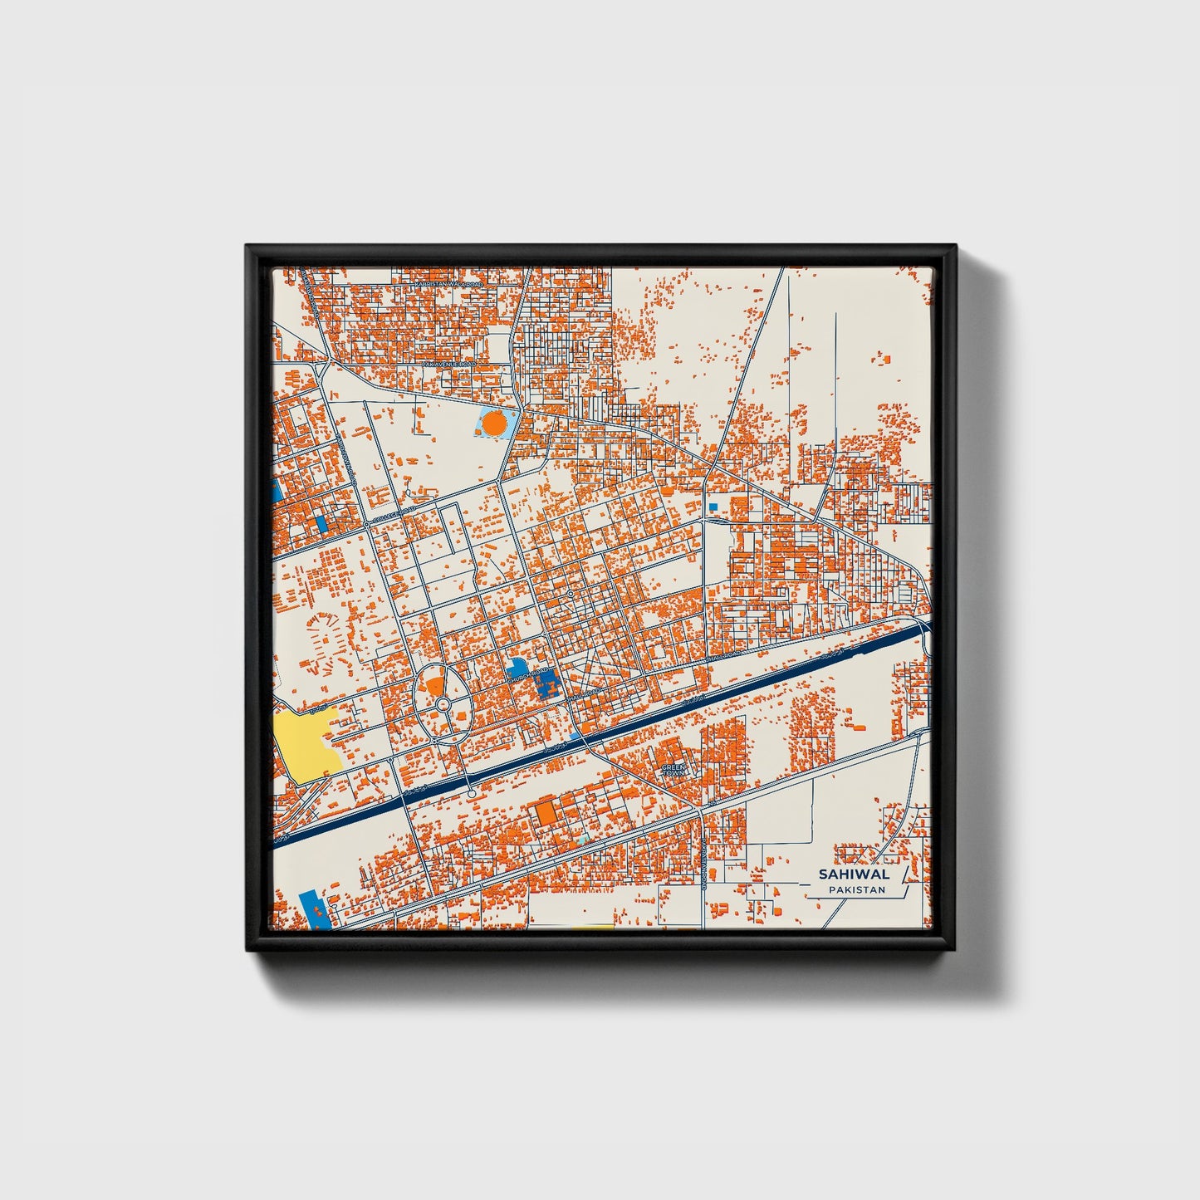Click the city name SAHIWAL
pyautogui.click(x=854, y=874)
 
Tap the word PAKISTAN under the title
pyautogui.click(x=856, y=889)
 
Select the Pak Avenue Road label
pyautogui.click(x=448, y=365)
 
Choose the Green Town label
pyautogui.click(x=674, y=769)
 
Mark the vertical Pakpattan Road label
pyautogui.click(x=703, y=864)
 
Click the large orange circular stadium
pyautogui.click(x=495, y=424)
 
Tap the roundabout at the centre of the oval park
pyautogui.click(x=443, y=705)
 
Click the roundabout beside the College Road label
pyautogui.click(x=366, y=525)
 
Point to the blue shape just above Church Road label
pyautogui.click(x=517, y=665)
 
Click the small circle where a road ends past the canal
pyautogui.click(x=472, y=795)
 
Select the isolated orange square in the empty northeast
pyautogui.click(x=885, y=359)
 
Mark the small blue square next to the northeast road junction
pyautogui.click(x=713, y=506)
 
